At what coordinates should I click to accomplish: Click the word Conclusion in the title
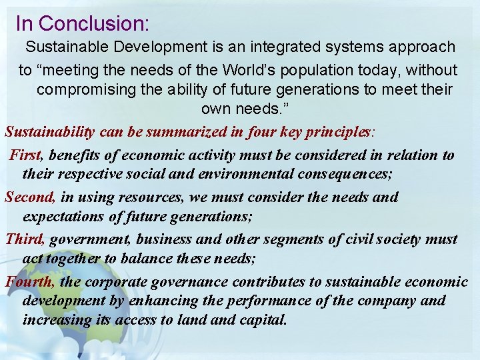(94, 23)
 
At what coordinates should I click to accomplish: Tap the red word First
(25, 155)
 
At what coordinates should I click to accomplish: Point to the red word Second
(30, 197)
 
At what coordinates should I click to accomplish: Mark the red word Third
(25, 239)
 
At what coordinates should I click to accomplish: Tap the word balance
(175, 259)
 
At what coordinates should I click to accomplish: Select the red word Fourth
(29, 281)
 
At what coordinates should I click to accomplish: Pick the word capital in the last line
(263, 320)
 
